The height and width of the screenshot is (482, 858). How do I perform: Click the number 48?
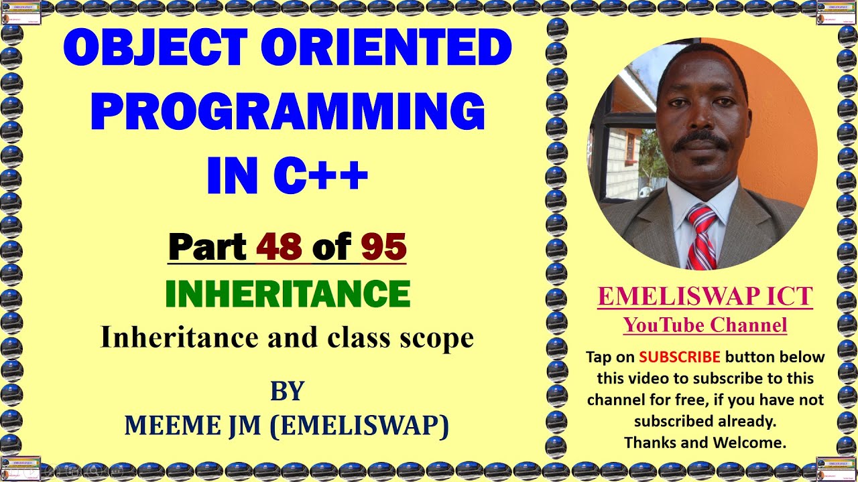pyautogui.click(x=279, y=247)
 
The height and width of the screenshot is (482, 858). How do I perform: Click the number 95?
pyautogui.click(x=383, y=247)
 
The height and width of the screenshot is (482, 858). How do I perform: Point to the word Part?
pyautogui.click(x=207, y=247)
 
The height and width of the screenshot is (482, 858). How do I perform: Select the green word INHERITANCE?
pyautogui.click(x=288, y=294)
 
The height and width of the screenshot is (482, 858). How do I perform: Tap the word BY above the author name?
pyautogui.click(x=288, y=391)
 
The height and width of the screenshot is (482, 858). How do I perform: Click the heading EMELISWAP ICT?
pyautogui.click(x=704, y=296)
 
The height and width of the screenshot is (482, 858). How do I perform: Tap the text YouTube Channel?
pyautogui.click(x=704, y=325)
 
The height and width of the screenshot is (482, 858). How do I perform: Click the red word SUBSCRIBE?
pyautogui.click(x=679, y=357)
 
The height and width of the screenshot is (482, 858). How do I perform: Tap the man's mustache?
pyautogui.click(x=701, y=140)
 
